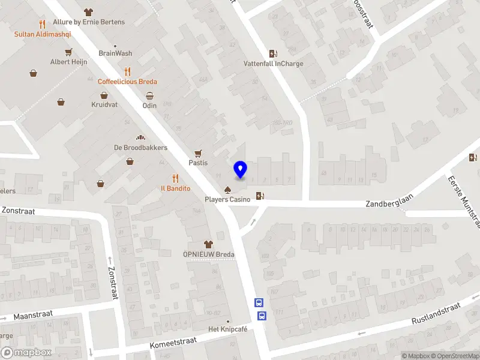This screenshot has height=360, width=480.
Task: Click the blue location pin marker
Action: [241, 170]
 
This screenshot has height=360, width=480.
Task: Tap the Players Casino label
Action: [228, 199]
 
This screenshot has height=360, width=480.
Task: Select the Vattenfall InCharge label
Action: [273, 64]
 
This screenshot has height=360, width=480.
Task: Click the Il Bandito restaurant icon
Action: [175, 178]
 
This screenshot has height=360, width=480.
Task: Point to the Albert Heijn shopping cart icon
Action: [69, 52]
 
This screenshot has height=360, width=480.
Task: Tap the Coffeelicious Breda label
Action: [128, 82]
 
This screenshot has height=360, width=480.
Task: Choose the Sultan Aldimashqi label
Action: [43, 34]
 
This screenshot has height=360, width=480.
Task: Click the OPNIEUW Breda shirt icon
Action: [208, 244]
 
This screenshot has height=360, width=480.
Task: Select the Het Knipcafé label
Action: [229, 329]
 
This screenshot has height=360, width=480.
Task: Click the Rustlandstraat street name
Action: [436, 314]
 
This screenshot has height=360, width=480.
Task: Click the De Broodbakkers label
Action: [140, 148]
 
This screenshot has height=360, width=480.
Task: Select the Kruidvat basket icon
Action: [104, 95]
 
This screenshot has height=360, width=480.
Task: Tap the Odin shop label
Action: [149, 106]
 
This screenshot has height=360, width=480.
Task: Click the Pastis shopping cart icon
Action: [198, 153]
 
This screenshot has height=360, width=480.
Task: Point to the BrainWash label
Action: [115, 53]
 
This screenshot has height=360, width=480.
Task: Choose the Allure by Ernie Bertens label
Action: [89, 22]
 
